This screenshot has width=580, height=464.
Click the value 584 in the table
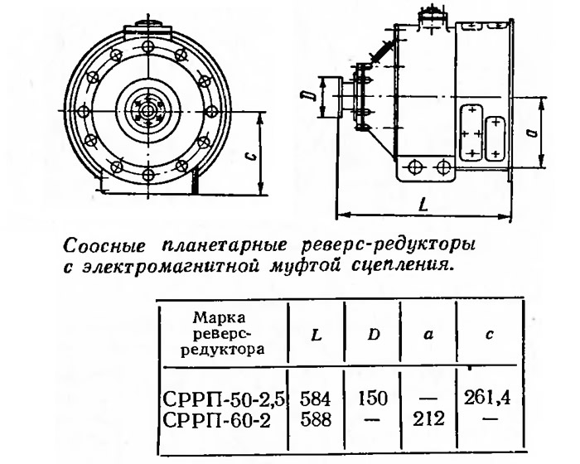click(315, 399)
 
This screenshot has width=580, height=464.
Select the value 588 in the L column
click(316, 420)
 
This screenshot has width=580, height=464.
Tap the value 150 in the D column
click(373, 399)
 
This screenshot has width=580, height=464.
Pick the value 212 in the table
click(428, 419)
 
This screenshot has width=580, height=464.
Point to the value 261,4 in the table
click(487, 398)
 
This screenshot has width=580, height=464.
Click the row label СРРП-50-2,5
click(225, 399)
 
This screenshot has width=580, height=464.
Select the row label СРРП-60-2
click(217, 420)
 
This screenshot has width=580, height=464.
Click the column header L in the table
click(317, 336)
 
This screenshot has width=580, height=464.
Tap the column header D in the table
click(374, 335)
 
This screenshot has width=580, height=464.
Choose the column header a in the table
click(428, 336)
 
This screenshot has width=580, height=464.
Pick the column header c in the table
click(490, 335)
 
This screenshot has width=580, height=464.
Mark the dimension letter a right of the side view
click(532, 132)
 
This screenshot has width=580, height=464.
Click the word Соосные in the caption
click(104, 246)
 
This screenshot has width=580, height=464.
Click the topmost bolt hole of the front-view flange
click(148, 47)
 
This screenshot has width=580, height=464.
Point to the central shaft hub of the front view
click(148, 110)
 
